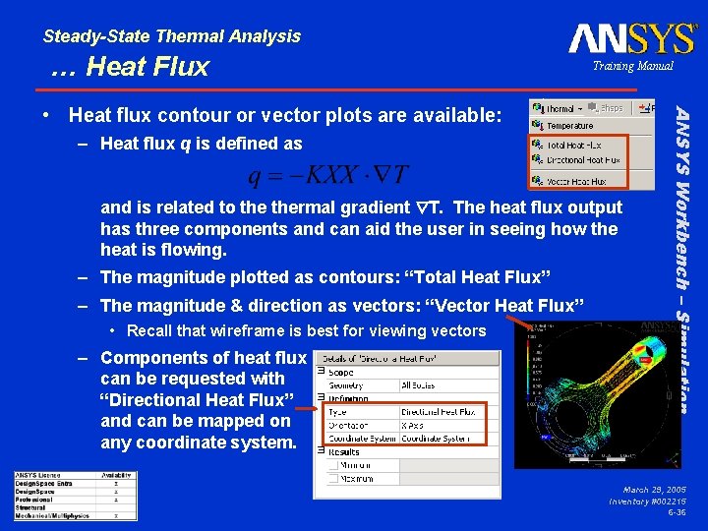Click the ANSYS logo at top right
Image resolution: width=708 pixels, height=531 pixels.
pyautogui.click(x=631, y=38)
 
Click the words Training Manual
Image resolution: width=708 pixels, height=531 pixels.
pyautogui.click(x=632, y=66)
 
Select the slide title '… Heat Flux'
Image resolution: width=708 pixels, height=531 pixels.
pyautogui.click(x=131, y=66)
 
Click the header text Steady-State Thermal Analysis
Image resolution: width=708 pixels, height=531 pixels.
pyautogui.click(x=172, y=36)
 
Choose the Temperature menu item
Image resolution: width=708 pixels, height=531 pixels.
pyautogui.click(x=569, y=126)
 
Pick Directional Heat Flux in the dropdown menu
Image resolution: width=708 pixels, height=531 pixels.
pyautogui.click(x=583, y=159)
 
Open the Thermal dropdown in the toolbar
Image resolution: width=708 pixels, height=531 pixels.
pyautogui.click(x=558, y=108)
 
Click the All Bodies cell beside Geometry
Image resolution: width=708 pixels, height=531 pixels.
pyautogui.click(x=421, y=385)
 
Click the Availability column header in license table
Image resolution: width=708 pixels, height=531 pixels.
pyautogui.click(x=115, y=476)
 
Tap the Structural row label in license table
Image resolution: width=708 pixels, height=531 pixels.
pyautogui.click(x=31, y=507)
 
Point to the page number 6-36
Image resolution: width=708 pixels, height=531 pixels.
pyautogui.click(x=676, y=512)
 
